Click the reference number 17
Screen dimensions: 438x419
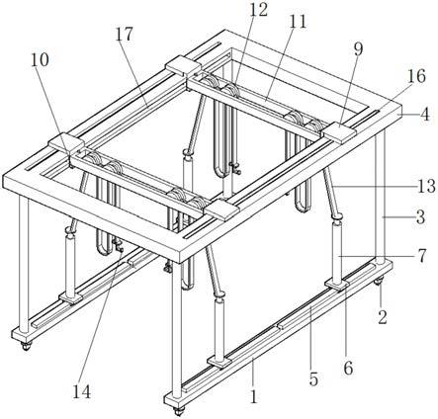pyautogui.click(x=125, y=34)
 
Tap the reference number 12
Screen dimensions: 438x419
pyautogui.click(x=258, y=10)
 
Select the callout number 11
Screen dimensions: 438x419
pyautogui.click(x=298, y=22)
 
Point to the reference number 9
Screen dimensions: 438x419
pyautogui.click(x=358, y=49)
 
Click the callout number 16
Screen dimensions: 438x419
pyautogui.click(x=416, y=76)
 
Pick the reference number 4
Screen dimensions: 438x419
pyautogui.click(x=425, y=115)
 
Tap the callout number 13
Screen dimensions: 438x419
pyautogui.click(x=426, y=186)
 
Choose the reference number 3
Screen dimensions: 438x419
pyautogui.click(x=420, y=217)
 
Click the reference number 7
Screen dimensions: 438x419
pyautogui.click(x=422, y=256)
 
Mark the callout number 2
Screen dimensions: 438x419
pyautogui.click(x=383, y=317)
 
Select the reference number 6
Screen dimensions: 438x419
pyautogui.click(x=348, y=368)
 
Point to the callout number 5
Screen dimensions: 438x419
pyautogui.click(x=313, y=379)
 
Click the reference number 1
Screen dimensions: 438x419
pyautogui.click(x=253, y=396)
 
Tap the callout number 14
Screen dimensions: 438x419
pyautogui.click(x=82, y=391)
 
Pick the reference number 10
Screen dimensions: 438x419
pyautogui.click(x=40, y=59)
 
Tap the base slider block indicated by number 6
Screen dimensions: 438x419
pyautogui.click(x=338, y=285)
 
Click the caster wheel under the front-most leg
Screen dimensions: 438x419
pyautogui.click(x=179, y=411)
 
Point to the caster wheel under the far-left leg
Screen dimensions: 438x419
pyautogui.click(x=26, y=346)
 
